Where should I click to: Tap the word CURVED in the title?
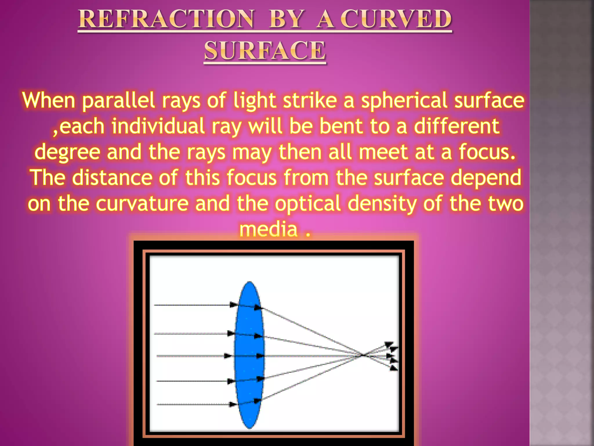[396, 19]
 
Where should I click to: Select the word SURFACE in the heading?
[265, 51]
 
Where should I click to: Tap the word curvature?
[142, 203]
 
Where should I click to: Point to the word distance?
[112, 177]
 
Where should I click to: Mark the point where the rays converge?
[362, 355]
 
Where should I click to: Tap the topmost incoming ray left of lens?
[191, 305]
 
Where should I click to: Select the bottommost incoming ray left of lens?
[191, 404]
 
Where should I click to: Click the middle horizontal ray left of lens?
[191, 356]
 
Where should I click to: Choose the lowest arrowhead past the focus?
[394, 368]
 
